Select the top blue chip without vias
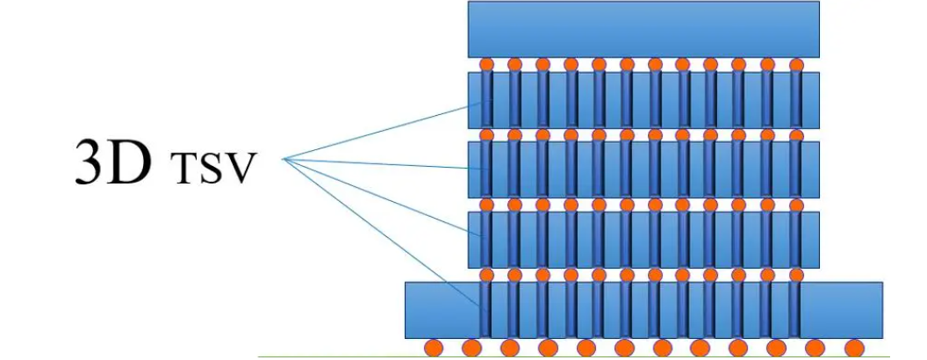[x=643, y=30]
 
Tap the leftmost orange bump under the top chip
[x=486, y=64]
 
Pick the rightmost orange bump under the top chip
[x=796, y=64]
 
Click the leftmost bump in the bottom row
[x=433, y=348]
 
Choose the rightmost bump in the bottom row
[x=852, y=348]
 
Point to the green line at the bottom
[x=571, y=356]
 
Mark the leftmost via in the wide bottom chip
[x=486, y=309]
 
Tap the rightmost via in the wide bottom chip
[x=796, y=309]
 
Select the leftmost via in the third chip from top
[x=486, y=169]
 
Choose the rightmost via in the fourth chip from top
[x=796, y=240]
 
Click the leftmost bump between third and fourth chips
[x=486, y=205]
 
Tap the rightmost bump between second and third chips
[x=796, y=135]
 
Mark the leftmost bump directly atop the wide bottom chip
[x=486, y=275]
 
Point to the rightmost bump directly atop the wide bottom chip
[x=796, y=275]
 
